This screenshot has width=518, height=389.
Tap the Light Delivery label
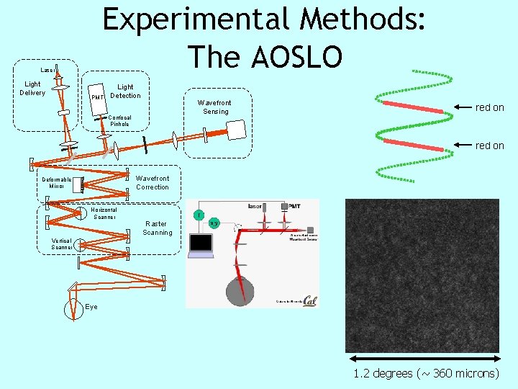[x=32, y=89]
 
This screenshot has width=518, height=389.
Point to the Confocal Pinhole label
[x=119, y=120]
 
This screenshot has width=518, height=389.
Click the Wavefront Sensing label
[x=216, y=107]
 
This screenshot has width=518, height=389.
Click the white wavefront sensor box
[x=236, y=129]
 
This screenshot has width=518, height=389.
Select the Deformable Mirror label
[x=57, y=183]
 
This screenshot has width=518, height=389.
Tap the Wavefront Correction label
[x=153, y=183]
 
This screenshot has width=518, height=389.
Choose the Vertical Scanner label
[x=61, y=244]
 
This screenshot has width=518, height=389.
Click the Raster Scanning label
[x=157, y=228]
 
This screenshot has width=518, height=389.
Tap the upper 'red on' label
[x=489, y=107]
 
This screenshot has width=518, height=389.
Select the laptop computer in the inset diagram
[x=201, y=246]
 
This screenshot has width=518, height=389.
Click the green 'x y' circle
[x=214, y=223]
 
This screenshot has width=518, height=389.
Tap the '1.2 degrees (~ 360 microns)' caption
[x=426, y=373]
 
